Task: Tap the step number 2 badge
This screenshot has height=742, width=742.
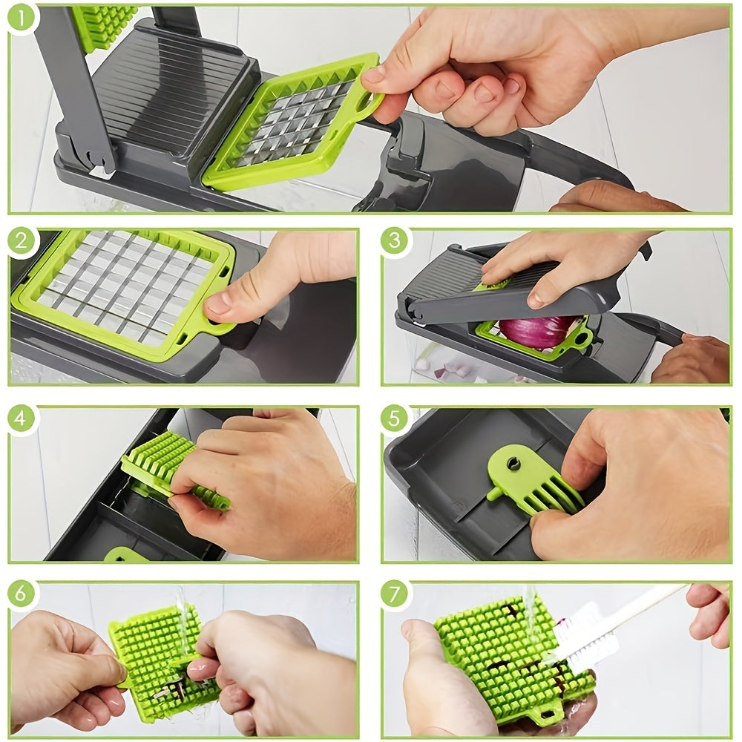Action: [x=24, y=242]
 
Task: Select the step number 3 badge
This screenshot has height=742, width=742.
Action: [x=395, y=242]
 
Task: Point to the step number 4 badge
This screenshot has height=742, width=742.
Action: [x=22, y=418]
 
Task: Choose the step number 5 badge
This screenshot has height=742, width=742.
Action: [x=395, y=418]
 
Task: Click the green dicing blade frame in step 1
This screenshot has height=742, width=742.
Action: [x=293, y=122]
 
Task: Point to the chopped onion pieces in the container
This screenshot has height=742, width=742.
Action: [x=445, y=367]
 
